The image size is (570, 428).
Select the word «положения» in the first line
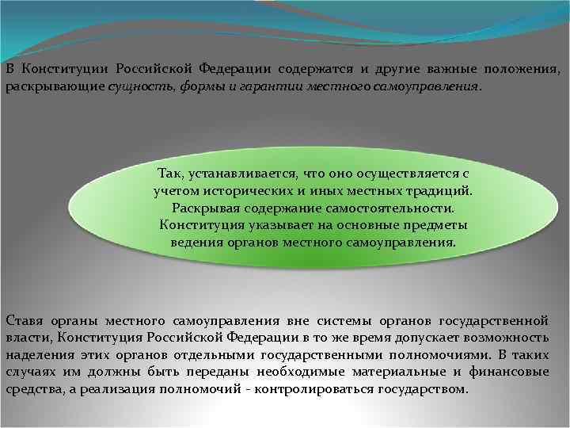pyautogui.click(x=525, y=70)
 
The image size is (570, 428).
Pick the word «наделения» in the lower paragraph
pyautogui.click(x=37, y=356)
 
